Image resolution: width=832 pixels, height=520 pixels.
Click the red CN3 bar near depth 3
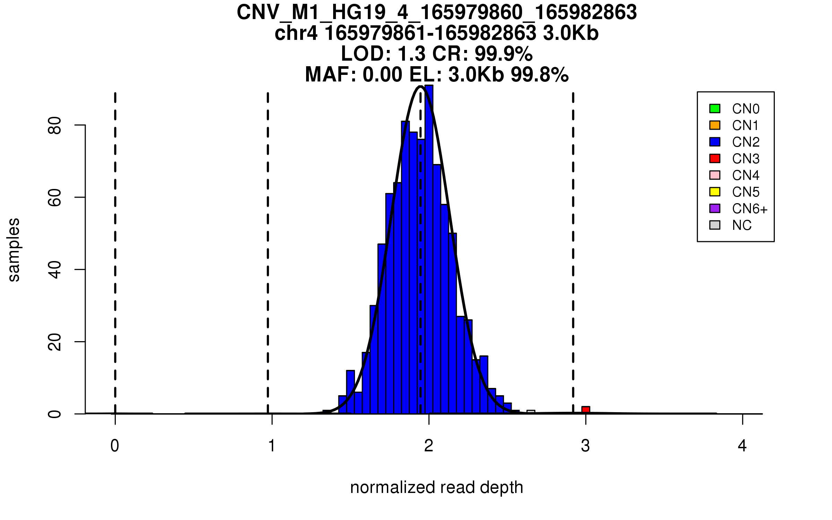click(x=586, y=410)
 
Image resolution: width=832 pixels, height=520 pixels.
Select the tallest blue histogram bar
click(x=429, y=250)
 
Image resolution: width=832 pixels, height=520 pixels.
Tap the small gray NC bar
click(x=531, y=412)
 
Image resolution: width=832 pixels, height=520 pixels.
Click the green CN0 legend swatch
click(x=715, y=109)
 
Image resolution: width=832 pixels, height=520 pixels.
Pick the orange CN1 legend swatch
click(x=715, y=125)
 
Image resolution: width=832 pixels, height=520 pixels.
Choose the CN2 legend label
click(x=746, y=142)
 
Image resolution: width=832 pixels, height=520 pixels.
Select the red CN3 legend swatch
click(x=715, y=158)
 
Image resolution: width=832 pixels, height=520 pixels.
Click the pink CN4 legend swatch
click(x=715, y=175)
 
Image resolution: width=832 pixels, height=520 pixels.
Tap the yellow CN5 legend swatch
click(x=715, y=192)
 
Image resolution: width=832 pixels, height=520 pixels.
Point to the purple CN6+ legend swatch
click(x=715, y=208)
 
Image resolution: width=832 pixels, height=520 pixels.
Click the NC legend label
click(x=742, y=225)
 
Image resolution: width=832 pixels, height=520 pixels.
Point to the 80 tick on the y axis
click(x=80, y=125)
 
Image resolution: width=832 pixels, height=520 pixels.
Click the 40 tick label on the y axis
click(x=55, y=270)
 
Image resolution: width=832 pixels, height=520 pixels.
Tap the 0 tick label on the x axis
click(x=115, y=446)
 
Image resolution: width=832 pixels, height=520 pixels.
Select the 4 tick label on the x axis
click(x=742, y=446)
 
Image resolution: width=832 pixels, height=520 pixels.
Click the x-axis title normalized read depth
click(x=436, y=488)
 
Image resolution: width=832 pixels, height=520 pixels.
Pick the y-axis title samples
click(x=14, y=250)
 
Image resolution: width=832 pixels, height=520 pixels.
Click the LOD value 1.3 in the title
click(x=411, y=54)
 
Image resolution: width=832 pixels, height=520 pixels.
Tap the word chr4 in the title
click(x=296, y=33)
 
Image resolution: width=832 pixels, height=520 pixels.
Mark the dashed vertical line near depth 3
click(x=573, y=243)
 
